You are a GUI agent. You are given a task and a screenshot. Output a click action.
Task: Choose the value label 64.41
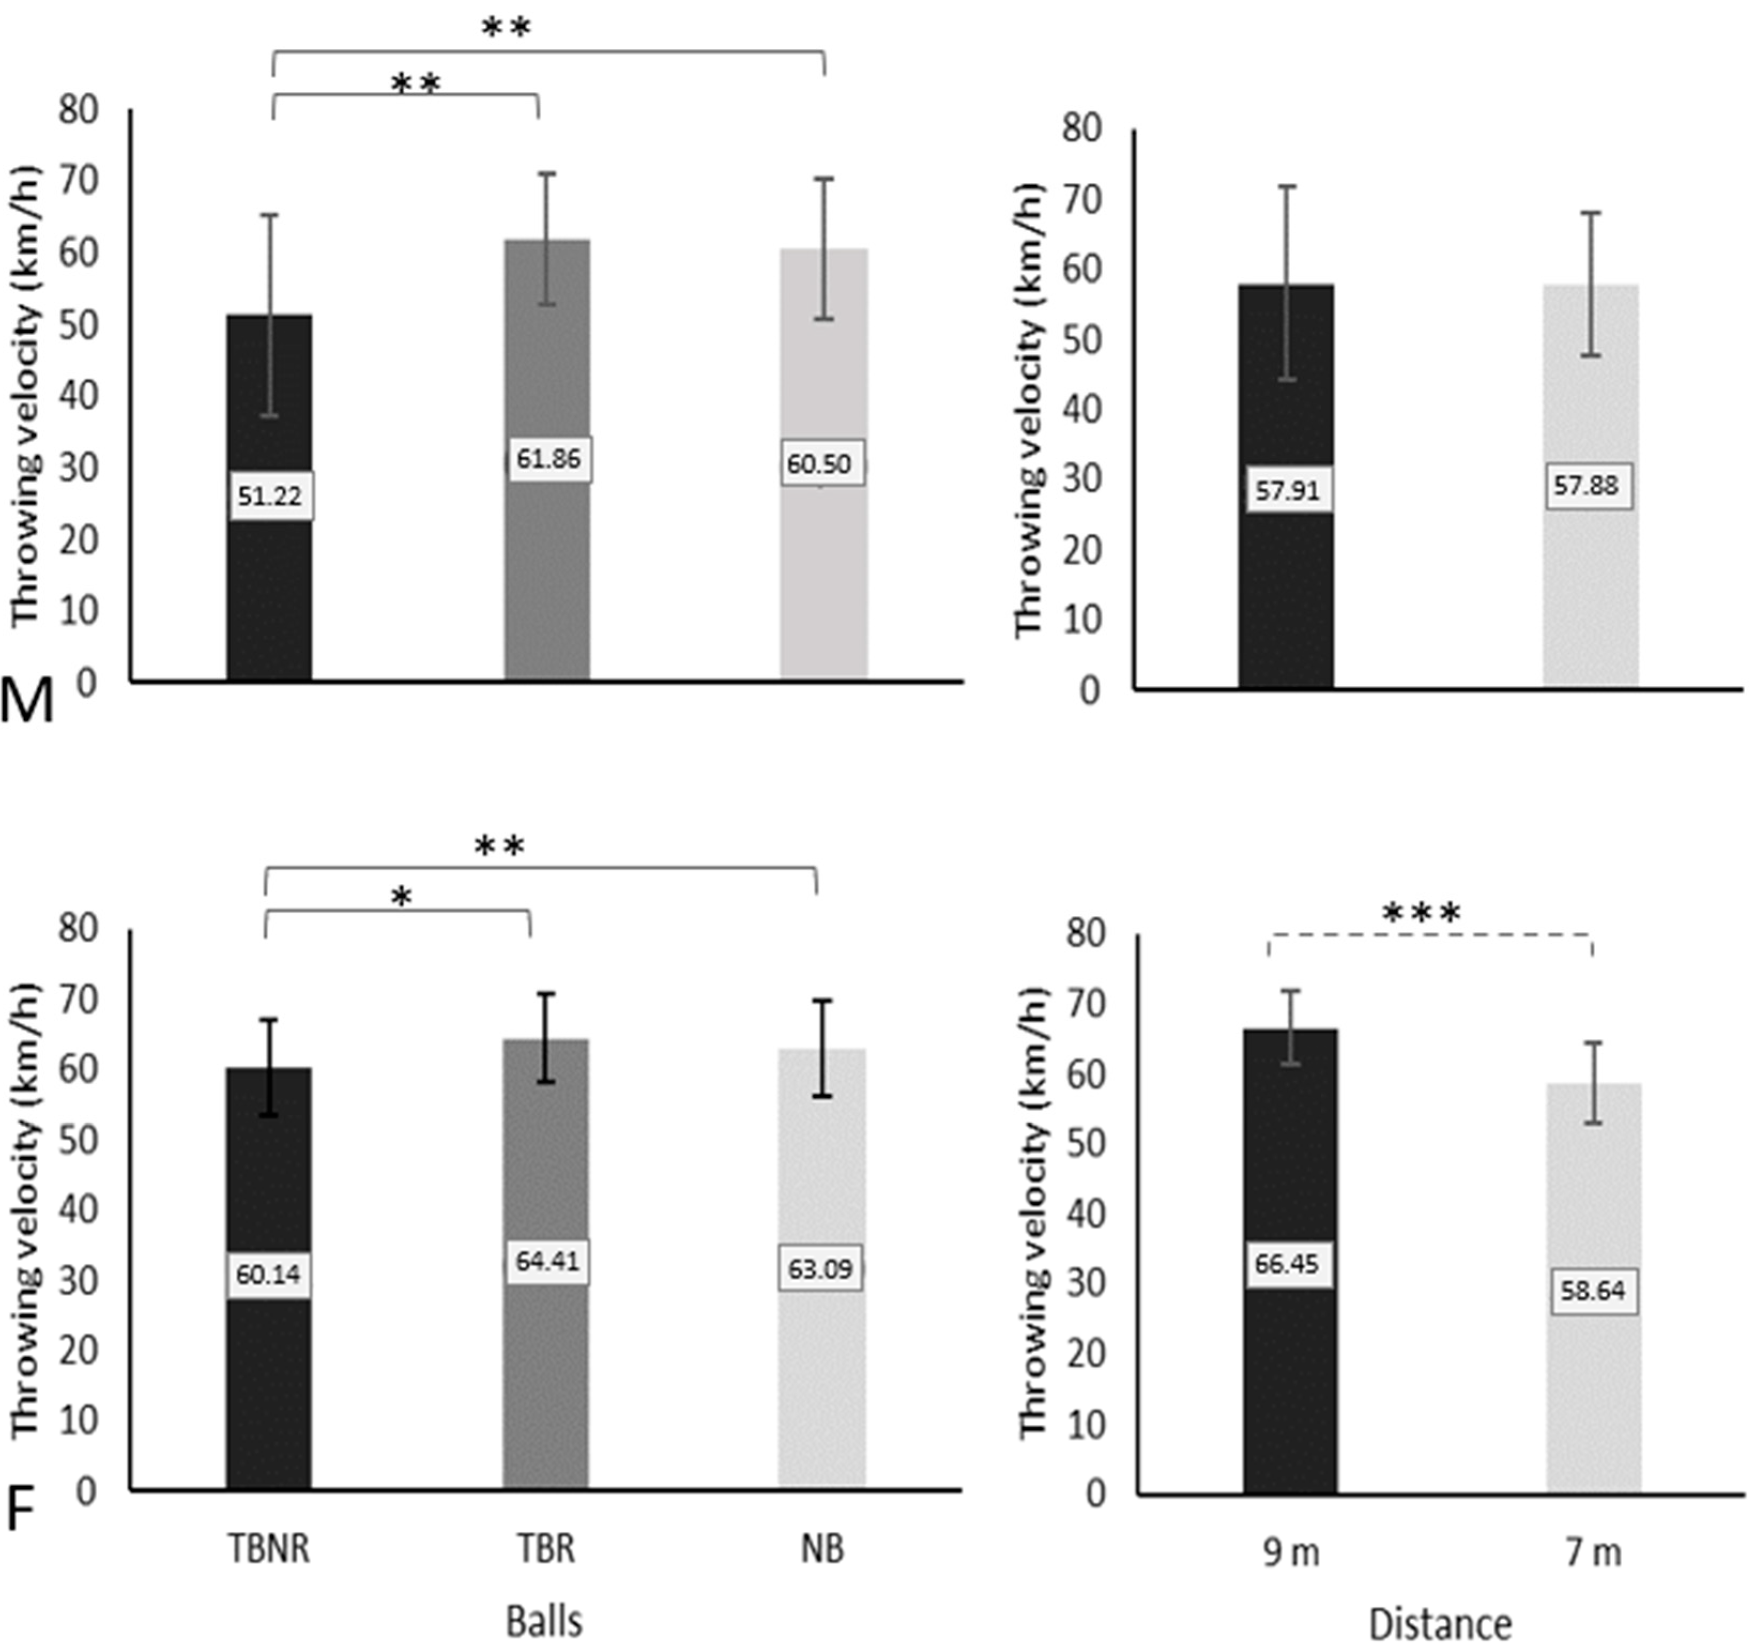point(547,1261)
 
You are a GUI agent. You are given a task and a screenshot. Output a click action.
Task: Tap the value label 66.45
point(1287,1264)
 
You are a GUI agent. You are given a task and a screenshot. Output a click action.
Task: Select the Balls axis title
point(545,1621)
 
